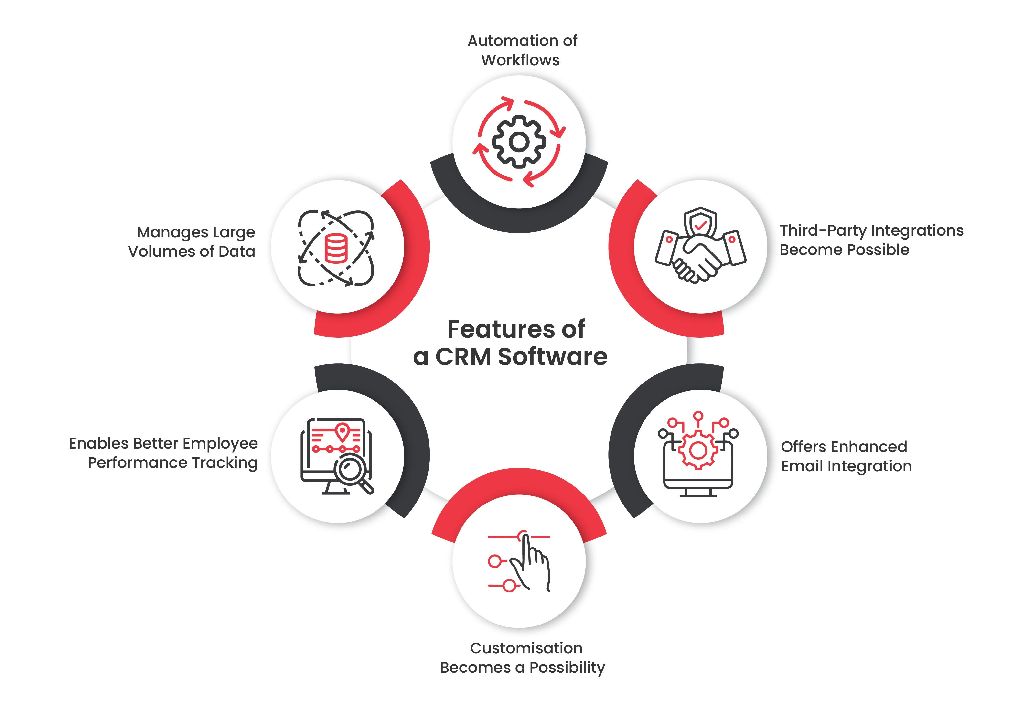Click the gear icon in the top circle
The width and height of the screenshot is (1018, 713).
519,142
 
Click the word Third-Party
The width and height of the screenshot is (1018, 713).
823,231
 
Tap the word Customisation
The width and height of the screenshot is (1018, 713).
526,648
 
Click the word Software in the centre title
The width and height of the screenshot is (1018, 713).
552,357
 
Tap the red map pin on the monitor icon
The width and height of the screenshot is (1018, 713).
342,432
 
